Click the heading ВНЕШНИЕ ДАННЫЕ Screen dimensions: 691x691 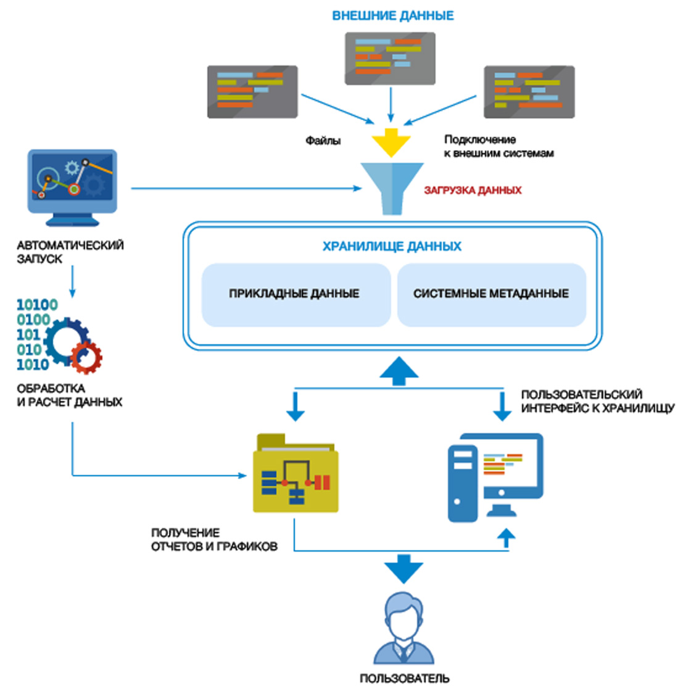click(x=393, y=15)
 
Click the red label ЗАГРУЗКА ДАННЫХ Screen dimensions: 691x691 click(x=473, y=191)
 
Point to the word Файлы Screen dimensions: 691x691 click(x=323, y=141)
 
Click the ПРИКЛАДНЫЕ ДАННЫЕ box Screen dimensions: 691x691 click(x=295, y=294)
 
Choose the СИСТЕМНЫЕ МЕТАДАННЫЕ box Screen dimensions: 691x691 click(x=491, y=294)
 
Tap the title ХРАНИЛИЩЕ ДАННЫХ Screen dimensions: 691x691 click(x=392, y=246)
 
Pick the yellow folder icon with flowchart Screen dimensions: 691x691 click(x=296, y=476)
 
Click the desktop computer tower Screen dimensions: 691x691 click(x=462, y=482)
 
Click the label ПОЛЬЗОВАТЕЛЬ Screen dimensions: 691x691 click(x=405, y=679)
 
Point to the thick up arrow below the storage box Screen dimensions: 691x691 click(x=399, y=371)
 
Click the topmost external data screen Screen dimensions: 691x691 click(x=390, y=59)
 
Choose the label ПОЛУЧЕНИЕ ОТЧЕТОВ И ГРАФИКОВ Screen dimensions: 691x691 click(x=213, y=540)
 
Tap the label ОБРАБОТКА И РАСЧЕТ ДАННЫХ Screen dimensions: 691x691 click(x=69, y=395)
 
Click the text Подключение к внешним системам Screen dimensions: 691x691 click(x=499, y=146)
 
